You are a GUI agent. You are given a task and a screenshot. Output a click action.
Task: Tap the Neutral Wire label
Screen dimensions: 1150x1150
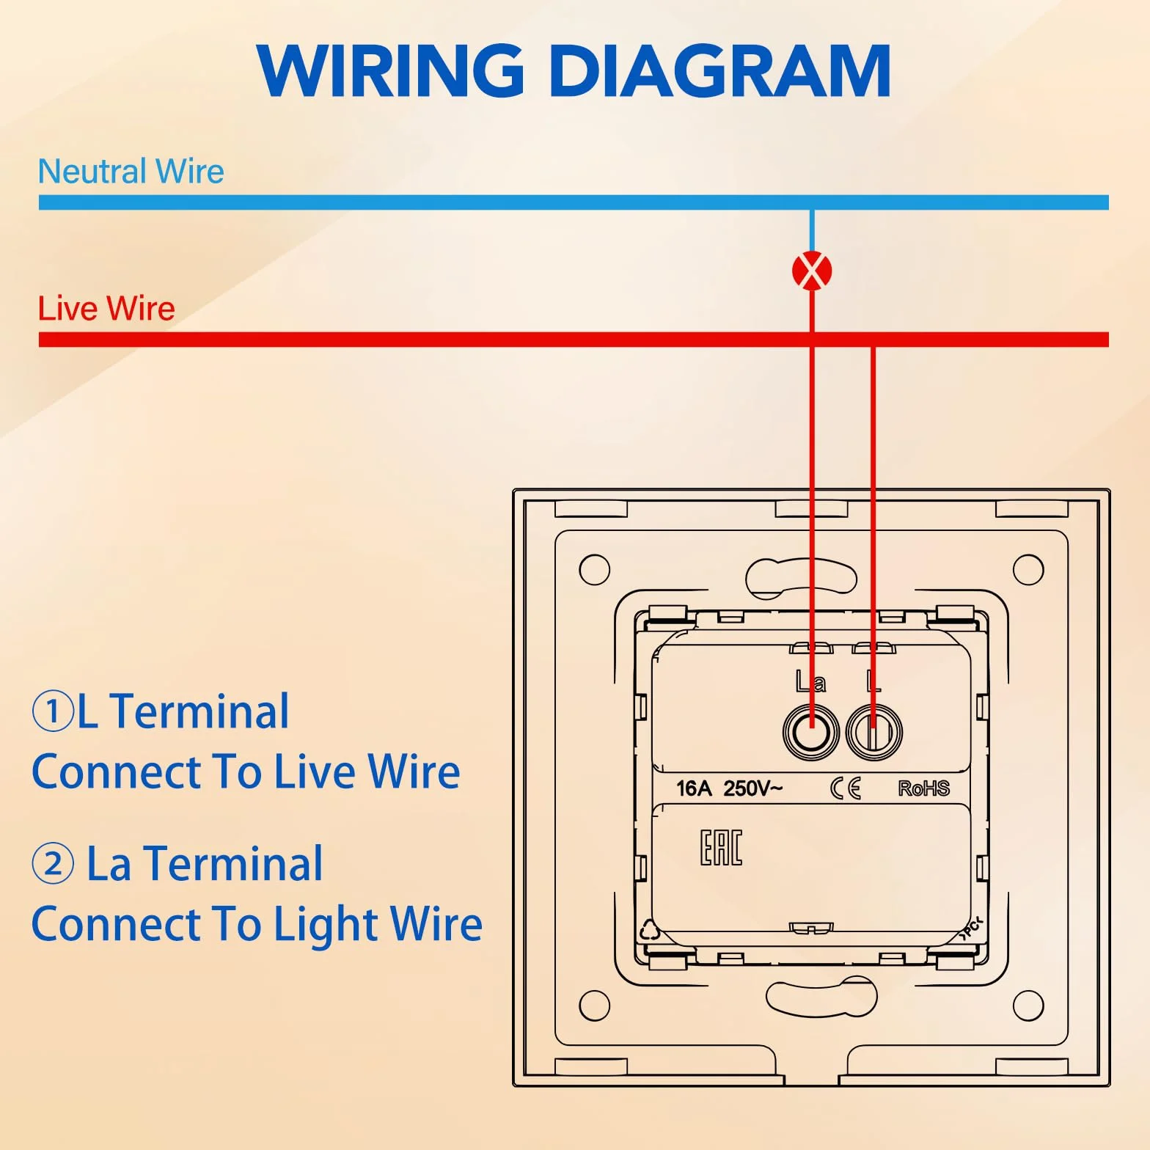point(131,172)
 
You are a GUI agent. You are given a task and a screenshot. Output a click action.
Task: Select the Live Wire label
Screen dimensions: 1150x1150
point(106,309)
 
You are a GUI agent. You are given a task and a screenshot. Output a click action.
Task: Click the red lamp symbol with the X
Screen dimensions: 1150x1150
point(812,271)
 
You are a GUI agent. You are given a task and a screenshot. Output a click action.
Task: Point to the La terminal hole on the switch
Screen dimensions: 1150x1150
point(811,731)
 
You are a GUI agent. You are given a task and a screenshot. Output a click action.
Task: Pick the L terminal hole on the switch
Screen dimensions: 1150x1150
point(874,731)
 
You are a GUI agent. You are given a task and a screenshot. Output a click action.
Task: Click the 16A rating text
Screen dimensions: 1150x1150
point(694,788)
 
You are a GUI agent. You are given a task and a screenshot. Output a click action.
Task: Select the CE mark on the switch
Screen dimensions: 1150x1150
point(846,788)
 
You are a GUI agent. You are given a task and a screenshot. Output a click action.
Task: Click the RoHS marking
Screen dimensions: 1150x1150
point(924,788)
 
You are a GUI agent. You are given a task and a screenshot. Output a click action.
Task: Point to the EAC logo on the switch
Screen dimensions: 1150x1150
point(721,848)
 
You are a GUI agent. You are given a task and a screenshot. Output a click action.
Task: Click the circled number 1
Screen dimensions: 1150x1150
point(53,711)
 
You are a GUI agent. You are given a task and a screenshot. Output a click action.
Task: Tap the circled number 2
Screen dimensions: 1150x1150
point(53,864)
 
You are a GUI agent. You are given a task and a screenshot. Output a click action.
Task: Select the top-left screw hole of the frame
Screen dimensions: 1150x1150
point(594,570)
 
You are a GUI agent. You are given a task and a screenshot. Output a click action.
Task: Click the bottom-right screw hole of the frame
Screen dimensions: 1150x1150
point(1028,1006)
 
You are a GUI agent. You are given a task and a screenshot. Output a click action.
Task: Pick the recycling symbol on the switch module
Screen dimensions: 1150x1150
point(650,930)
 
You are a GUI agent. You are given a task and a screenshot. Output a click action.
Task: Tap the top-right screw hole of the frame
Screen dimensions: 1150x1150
point(1028,570)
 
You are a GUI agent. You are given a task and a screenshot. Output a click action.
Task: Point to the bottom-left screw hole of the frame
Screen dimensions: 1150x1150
point(594,1006)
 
